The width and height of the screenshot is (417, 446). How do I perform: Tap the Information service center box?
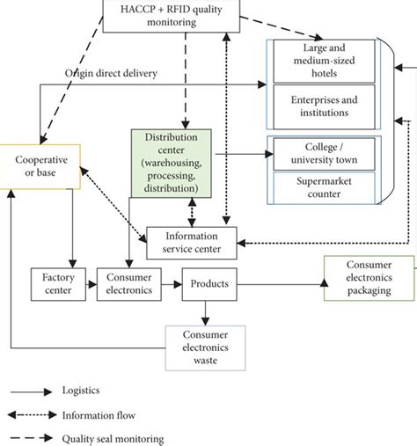click(190, 242)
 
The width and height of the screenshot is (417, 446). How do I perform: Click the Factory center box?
click(58, 283)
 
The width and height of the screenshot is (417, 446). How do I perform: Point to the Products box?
click(208, 283)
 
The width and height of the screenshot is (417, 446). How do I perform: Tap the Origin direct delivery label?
click(111, 72)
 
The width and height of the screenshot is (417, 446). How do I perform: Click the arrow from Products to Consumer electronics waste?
click(205, 311)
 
